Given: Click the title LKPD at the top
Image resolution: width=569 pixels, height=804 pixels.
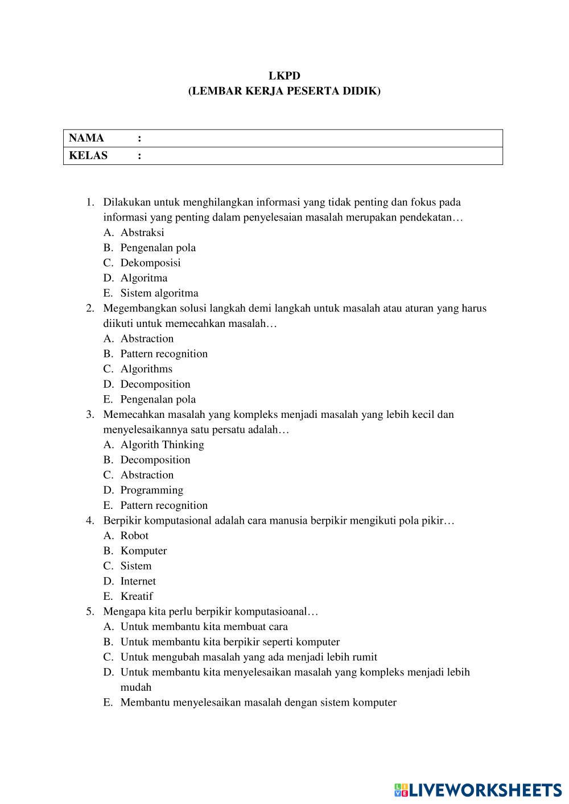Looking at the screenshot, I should click(x=284, y=76).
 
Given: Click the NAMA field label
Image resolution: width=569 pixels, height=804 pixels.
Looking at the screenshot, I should click(x=86, y=138).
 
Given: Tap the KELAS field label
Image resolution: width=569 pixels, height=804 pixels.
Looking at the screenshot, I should click(x=88, y=156).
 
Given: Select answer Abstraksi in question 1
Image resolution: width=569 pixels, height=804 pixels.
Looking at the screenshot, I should click(x=142, y=233).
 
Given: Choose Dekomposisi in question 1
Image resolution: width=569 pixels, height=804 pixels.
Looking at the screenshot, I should click(x=150, y=263).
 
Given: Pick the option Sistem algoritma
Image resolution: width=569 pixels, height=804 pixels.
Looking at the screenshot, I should click(x=159, y=293).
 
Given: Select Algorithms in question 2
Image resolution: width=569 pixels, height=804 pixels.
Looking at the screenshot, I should click(x=146, y=369).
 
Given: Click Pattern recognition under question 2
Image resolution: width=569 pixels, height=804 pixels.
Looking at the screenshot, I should click(x=164, y=354).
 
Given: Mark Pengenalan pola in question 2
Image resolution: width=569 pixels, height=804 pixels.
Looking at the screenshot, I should click(x=158, y=399).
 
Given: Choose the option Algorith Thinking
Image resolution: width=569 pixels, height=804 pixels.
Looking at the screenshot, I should click(x=162, y=445).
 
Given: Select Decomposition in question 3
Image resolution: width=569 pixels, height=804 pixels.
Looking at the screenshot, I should click(x=155, y=460).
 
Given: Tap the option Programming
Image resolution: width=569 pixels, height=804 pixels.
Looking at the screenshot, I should click(x=151, y=490).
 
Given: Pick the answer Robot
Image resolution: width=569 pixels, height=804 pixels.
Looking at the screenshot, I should click(x=134, y=536).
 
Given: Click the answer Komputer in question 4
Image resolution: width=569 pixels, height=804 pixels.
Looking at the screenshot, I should click(x=143, y=551).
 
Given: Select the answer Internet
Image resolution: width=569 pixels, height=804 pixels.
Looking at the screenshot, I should click(x=138, y=581).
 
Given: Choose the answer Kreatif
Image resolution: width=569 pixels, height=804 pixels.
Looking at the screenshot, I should click(x=137, y=596).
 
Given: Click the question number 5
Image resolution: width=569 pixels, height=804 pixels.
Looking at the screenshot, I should click(x=90, y=612).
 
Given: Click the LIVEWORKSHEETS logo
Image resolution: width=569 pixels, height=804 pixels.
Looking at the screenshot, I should click(x=477, y=789).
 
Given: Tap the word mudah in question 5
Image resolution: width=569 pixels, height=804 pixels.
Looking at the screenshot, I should click(x=136, y=687).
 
